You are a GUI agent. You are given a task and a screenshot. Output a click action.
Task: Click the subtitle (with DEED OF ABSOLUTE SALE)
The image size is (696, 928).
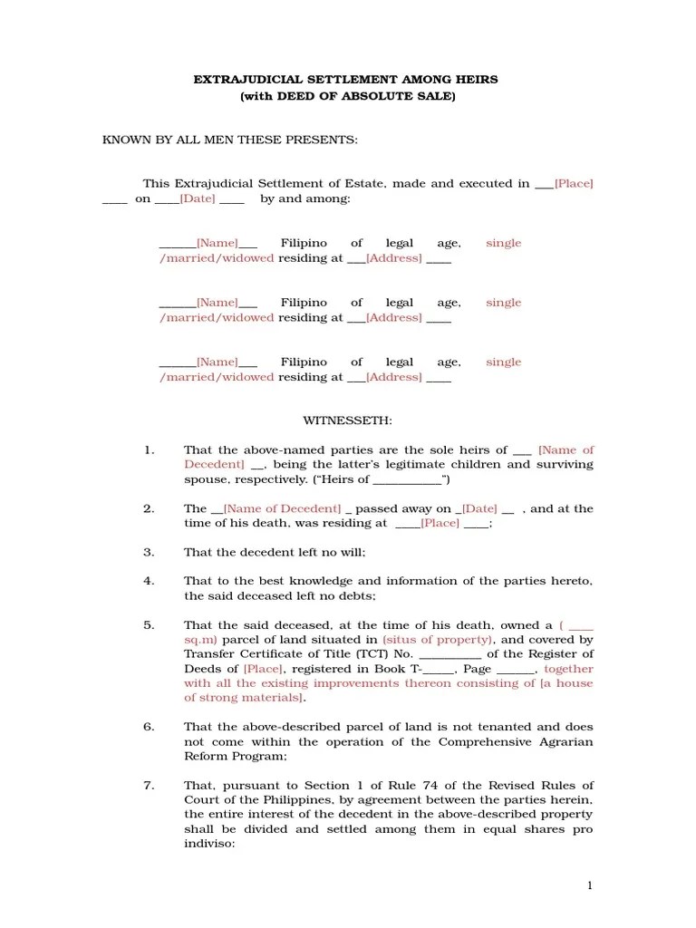[347, 95]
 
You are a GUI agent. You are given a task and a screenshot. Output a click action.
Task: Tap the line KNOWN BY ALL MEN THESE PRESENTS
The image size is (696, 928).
[230, 140]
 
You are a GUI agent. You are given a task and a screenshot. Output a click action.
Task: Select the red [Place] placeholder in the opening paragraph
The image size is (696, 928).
[574, 183]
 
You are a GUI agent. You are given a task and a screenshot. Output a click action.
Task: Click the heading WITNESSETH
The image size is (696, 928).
[347, 421]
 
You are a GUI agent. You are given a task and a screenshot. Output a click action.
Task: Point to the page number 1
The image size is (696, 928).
[589, 885]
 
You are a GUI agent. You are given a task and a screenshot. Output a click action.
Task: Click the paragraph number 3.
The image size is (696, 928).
[149, 552]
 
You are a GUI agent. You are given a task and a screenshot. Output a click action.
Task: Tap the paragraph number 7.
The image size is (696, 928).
[149, 785]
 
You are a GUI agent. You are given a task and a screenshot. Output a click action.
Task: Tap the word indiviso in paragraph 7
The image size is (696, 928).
[208, 843]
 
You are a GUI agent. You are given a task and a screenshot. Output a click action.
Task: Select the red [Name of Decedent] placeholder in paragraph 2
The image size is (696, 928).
[282, 508]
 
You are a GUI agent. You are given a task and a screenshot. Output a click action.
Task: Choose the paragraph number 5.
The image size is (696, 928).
[149, 625]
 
